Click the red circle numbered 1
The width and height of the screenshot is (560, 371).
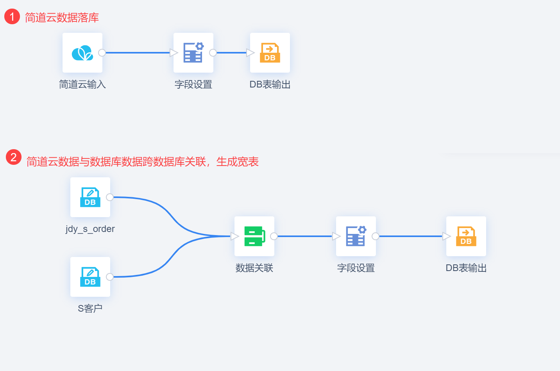[12, 16]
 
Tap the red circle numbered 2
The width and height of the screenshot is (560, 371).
[14, 157]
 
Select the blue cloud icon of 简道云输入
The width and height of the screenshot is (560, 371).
[82, 53]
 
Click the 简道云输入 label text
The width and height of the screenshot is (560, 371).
[82, 84]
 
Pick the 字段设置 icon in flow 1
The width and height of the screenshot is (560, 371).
[193, 53]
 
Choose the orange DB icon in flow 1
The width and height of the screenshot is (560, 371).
[270, 53]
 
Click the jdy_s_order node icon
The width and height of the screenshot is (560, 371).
[90, 197]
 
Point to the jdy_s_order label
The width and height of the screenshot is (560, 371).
[90, 229]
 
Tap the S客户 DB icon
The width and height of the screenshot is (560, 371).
[90, 277]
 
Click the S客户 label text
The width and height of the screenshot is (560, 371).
[90, 309]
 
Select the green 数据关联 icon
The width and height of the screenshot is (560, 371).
[254, 236]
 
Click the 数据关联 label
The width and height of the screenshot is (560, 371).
[254, 268]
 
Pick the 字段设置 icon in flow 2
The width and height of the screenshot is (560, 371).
[356, 236]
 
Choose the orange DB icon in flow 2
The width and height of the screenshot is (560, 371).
[466, 236]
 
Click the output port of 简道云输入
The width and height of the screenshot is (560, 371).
[102, 53]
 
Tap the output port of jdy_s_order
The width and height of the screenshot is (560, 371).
[110, 197]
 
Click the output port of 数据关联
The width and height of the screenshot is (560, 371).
[274, 236]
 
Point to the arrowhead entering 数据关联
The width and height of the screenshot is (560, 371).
[234, 236]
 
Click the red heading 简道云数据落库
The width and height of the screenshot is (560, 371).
[62, 18]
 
